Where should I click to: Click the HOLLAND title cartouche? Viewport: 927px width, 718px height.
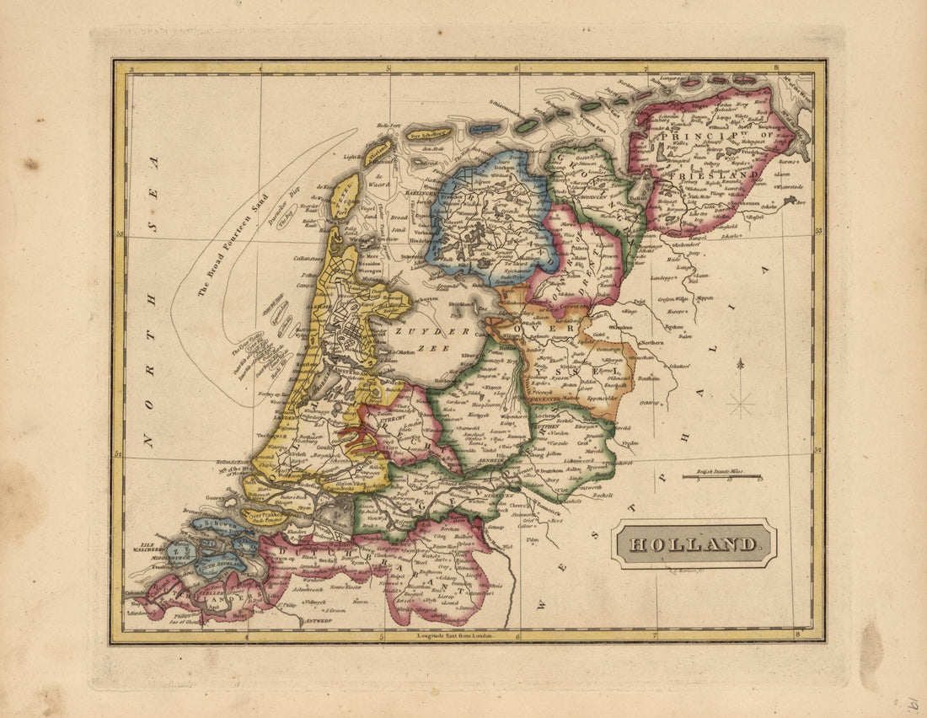tap(694, 544)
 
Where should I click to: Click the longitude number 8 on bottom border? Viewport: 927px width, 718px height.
tap(796, 634)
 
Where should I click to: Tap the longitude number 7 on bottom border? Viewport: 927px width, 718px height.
tap(655, 634)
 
